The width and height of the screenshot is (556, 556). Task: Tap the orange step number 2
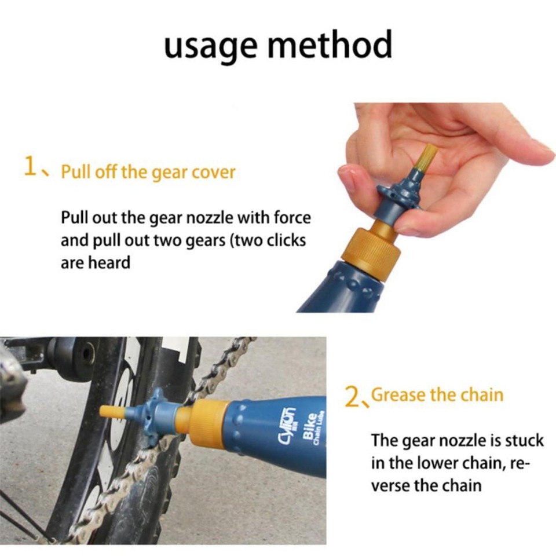pyautogui.click(x=352, y=397)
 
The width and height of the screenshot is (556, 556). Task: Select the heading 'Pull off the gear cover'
pyautogui.click(x=148, y=173)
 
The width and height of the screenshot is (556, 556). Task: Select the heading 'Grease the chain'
pyautogui.click(x=437, y=396)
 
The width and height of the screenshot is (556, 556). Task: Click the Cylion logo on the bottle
pyautogui.click(x=290, y=429)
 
